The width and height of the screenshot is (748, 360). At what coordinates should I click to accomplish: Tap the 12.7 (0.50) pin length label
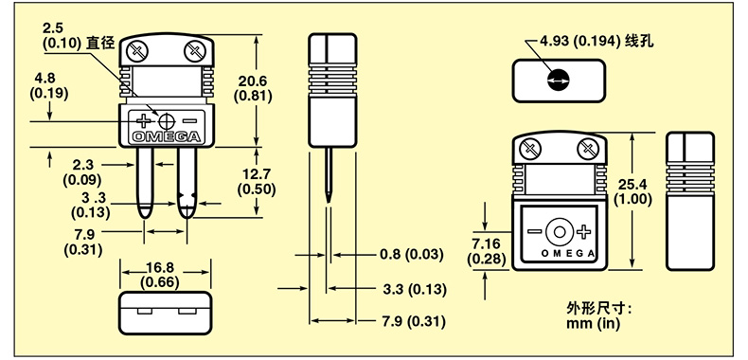(x=257, y=182)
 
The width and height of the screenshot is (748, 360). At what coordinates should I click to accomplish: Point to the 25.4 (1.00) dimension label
(x=634, y=191)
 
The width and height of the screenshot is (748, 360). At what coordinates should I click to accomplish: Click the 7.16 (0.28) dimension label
(x=486, y=251)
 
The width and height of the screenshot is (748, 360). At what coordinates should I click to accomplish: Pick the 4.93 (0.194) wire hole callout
(x=597, y=42)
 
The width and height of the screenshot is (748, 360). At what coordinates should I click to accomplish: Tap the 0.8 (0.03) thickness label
(x=411, y=255)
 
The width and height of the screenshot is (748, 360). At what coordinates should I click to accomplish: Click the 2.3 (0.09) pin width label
(x=82, y=172)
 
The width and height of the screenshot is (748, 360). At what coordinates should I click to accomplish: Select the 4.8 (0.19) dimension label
(x=48, y=86)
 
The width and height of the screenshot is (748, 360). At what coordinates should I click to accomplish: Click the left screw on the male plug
(x=138, y=50)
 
